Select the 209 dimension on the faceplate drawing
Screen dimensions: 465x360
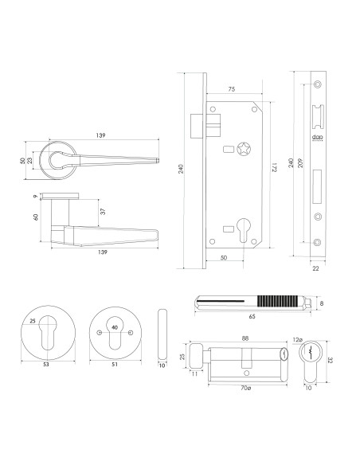[x=299, y=168]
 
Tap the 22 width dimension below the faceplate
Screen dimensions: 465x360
[x=317, y=268]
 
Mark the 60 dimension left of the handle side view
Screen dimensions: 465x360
[x=36, y=216]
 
